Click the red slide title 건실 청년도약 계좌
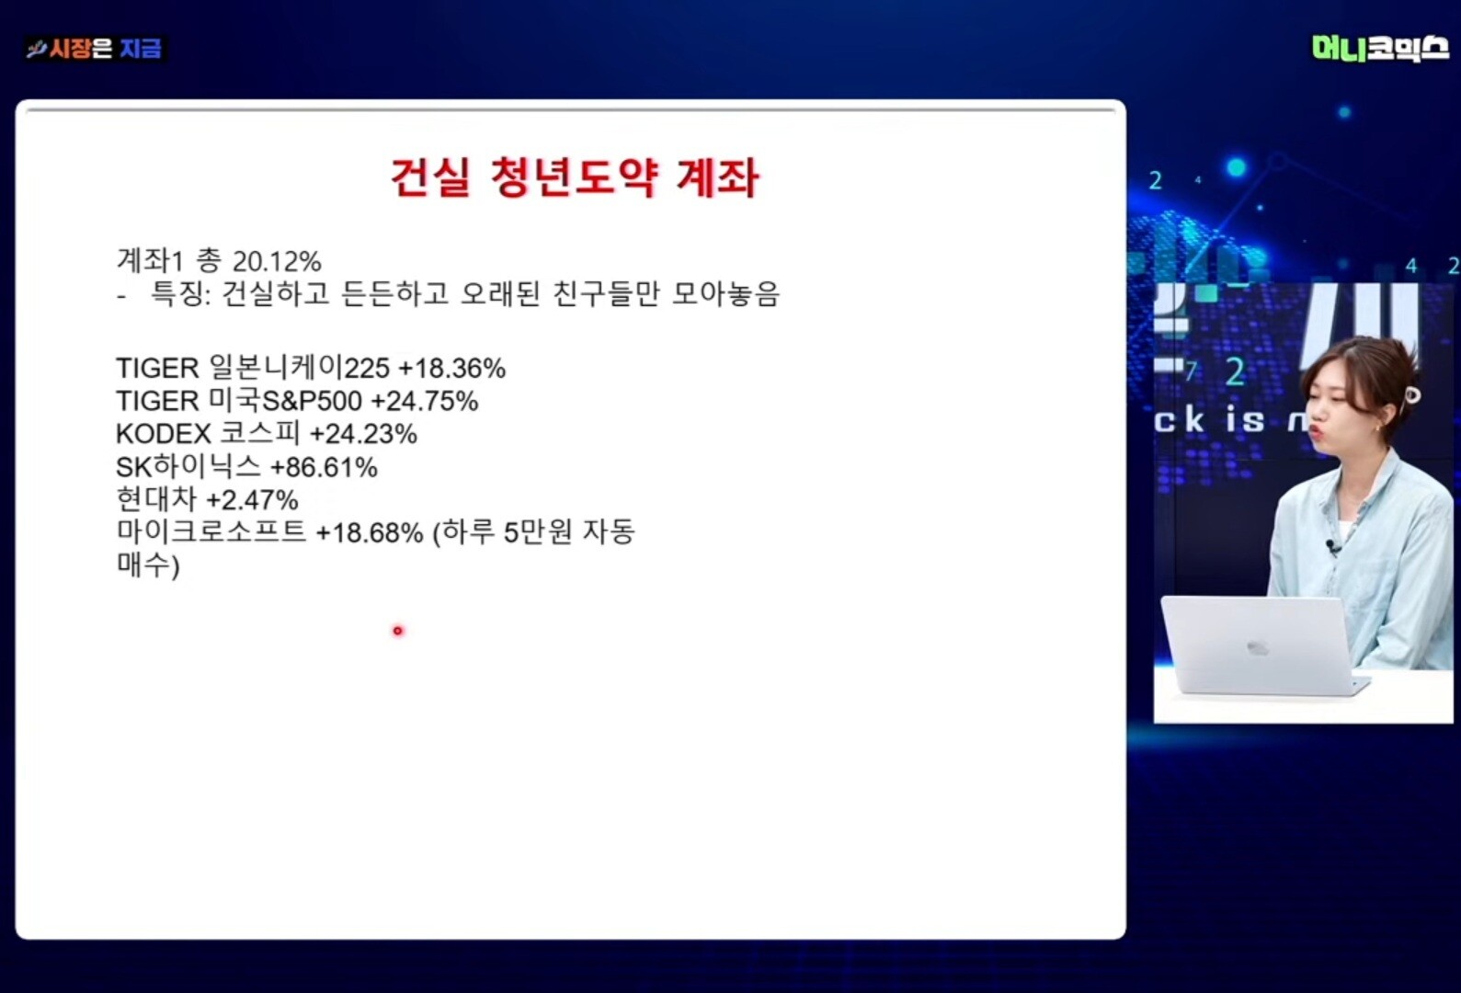(575, 177)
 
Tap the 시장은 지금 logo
(95, 49)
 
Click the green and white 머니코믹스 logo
(1379, 49)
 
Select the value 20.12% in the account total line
(277, 262)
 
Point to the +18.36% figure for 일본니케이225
(452, 369)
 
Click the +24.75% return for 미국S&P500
(425, 401)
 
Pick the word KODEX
(164, 434)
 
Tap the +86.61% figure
(325, 467)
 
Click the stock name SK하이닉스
(188, 466)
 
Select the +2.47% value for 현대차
(252, 500)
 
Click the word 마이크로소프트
(211, 531)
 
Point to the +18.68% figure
(370, 533)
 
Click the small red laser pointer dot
(398, 631)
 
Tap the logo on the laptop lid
(1257, 648)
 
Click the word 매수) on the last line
(147, 565)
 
